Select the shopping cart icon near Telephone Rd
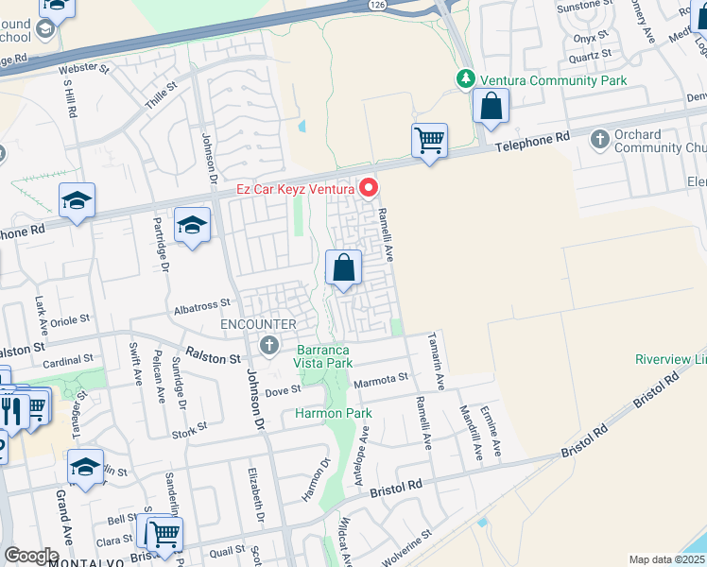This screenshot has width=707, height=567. (x=429, y=141)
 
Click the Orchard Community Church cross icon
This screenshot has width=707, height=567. (x=599, y=140)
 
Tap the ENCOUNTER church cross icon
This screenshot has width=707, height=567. (x=269, y=345)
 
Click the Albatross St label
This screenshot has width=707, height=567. (x=202, y=304)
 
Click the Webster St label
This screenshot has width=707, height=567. (x=84, y=69)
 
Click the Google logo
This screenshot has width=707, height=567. (x=31, y=556)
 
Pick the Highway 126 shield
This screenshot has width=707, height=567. (x=378, y=6)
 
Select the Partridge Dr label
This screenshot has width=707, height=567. (x=161, y=247)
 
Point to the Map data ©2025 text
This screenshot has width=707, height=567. (x=667, y=559)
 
